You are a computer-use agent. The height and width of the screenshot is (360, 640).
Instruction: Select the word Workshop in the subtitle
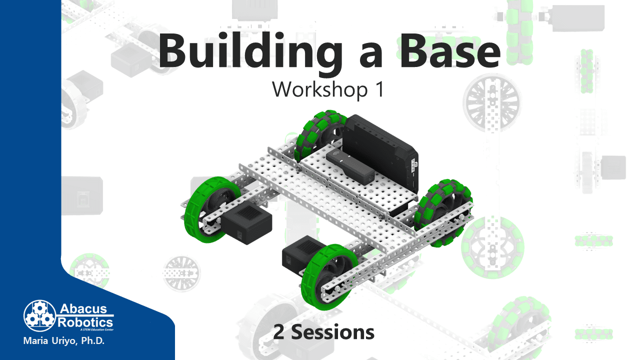319,89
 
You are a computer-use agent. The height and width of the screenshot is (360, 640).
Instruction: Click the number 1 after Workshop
380,89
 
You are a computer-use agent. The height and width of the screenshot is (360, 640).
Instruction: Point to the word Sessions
332,332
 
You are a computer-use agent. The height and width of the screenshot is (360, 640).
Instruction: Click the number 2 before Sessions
278,332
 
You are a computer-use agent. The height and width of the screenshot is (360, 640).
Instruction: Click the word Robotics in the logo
85,323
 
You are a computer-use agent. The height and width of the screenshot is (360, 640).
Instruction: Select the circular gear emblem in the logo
39,315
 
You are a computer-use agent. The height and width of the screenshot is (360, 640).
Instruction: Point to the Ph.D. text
93,341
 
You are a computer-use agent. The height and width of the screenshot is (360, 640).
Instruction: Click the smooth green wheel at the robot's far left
212,209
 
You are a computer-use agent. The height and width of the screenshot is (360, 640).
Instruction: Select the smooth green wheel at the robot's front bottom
328,276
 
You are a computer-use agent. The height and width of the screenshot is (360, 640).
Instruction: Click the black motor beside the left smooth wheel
247,224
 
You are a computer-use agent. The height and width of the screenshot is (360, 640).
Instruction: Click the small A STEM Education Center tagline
97,329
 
